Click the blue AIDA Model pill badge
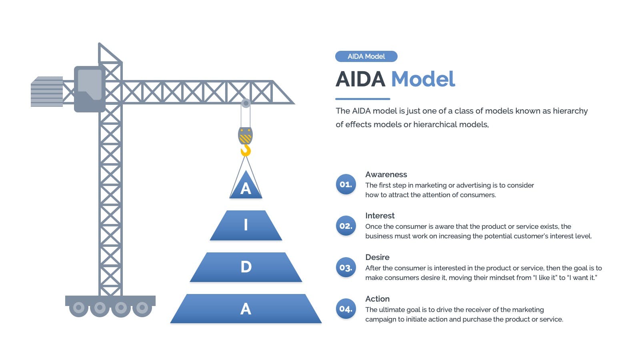tap(366, 56)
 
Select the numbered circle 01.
tap(346, 184)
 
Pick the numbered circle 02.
tap(346, 226)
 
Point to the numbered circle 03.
tap(346, 268)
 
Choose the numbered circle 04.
tap(346, 309)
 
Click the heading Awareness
tap(386, 174)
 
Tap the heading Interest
tap(380, 216)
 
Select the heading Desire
tap(377, 257)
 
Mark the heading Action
tap(377, 299)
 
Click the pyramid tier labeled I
tap(246, 226)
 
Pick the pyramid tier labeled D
tap(246, 267)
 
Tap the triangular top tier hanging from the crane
tap(246, 187)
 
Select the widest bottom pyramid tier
tap(246, 308)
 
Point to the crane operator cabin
tap(90, 89)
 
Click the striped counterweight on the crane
tap(47, 92)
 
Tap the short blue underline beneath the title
tap(362, 99)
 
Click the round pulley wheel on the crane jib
tap(246, 103)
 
